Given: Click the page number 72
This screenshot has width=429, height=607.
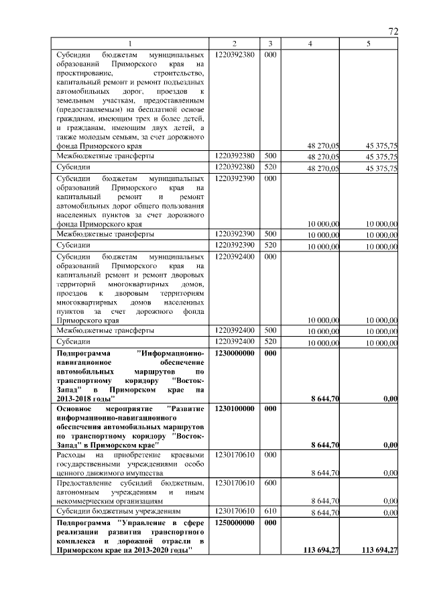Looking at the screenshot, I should (393, 30).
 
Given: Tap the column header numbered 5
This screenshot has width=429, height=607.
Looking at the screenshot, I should (368, 44).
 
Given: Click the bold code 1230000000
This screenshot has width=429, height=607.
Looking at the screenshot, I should (235, 352).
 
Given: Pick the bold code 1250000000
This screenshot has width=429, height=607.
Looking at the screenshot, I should (235, 521).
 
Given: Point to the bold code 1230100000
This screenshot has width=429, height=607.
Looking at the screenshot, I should (235, 408).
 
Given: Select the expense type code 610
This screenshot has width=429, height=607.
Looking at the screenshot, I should (269, 511).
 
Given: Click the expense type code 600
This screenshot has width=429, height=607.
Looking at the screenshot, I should (269, 483).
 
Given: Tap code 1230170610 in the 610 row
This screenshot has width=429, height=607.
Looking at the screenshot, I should (235, 511).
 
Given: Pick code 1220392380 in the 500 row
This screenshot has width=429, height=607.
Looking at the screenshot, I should (235, 156).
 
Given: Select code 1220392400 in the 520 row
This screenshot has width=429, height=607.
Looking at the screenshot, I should (235, 341).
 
